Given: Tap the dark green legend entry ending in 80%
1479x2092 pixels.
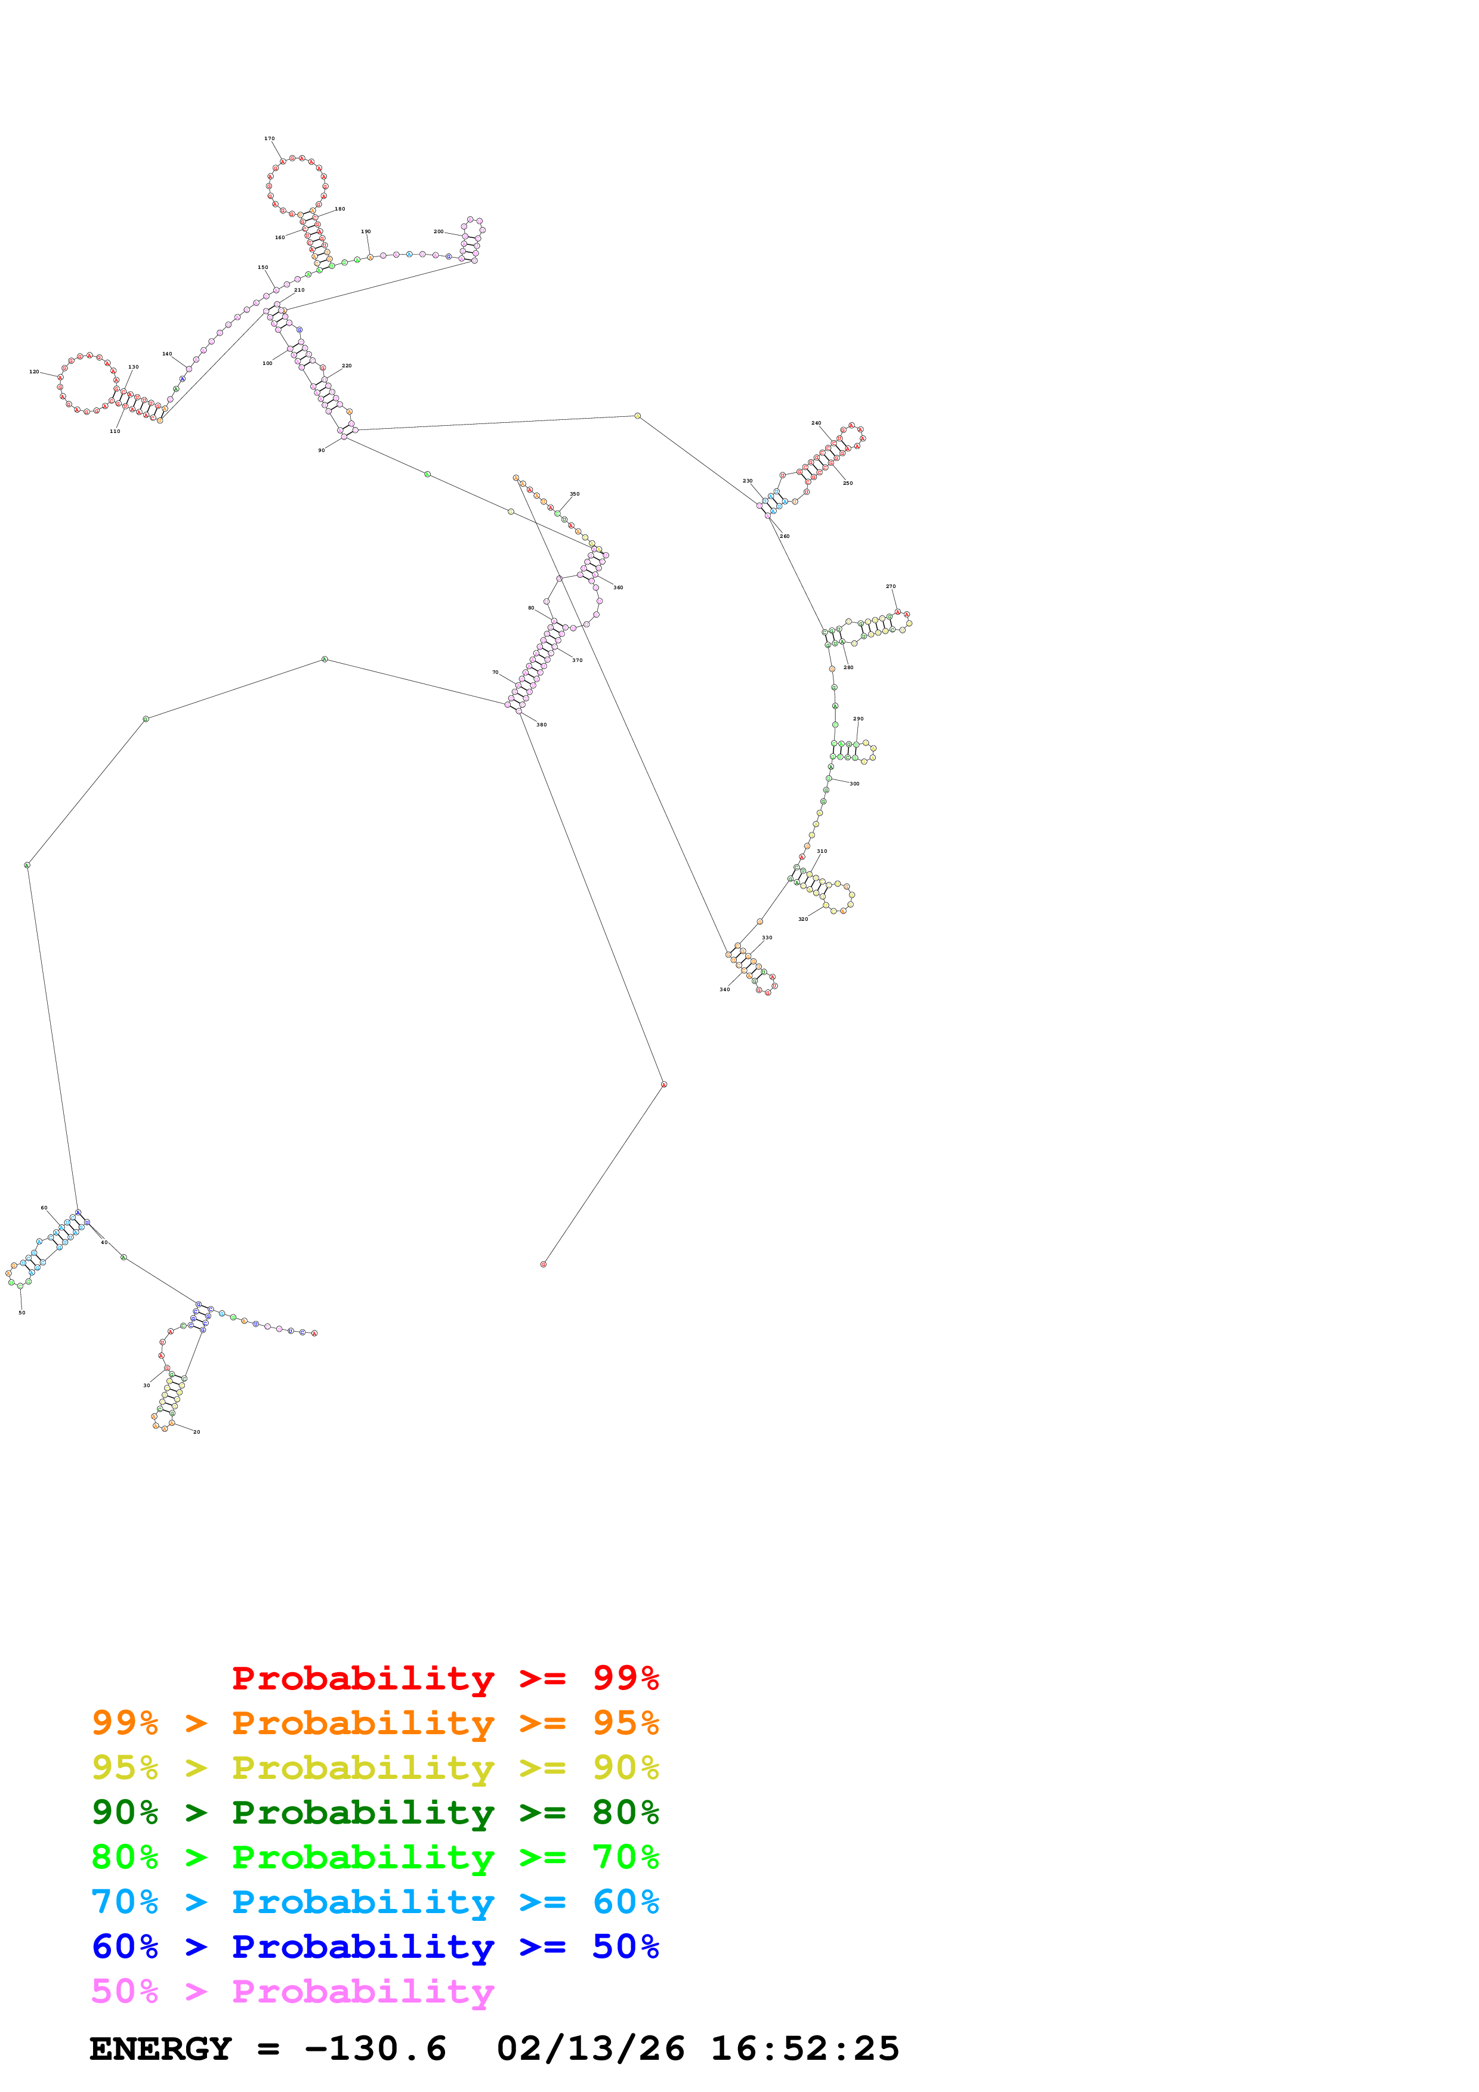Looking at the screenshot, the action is pyautogui.click(x=375, y=1812).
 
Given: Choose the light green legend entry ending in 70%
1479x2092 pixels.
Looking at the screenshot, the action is pyautogui.click(x=375, y=1857).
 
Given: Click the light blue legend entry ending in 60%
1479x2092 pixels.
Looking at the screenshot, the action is pyautogui.click(x=375, y=1902).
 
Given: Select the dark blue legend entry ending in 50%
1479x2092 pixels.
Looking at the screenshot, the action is pyautogui.click(x=375, y=1946).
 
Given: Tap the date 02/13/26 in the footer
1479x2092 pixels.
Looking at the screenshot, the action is pyautogui.click(x=591, y=2048).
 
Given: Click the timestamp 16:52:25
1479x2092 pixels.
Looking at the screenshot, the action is pyautogui.click(x=805, y=2048).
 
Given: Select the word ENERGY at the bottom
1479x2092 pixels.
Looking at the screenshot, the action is pyautogui.click(x=160, y=2048).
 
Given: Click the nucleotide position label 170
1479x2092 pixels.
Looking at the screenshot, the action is pyautogui.click(x=269, y=138).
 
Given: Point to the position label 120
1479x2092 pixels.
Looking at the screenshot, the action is pyautogui.click(x=34, y=372).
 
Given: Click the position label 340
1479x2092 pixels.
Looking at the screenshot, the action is pyautogui.click(x=724, y=989).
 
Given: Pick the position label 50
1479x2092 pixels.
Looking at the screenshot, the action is pyautogui.click(x=22, y=1313).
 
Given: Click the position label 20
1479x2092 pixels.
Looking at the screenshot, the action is pyautogui.click(x=197, y=1432).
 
